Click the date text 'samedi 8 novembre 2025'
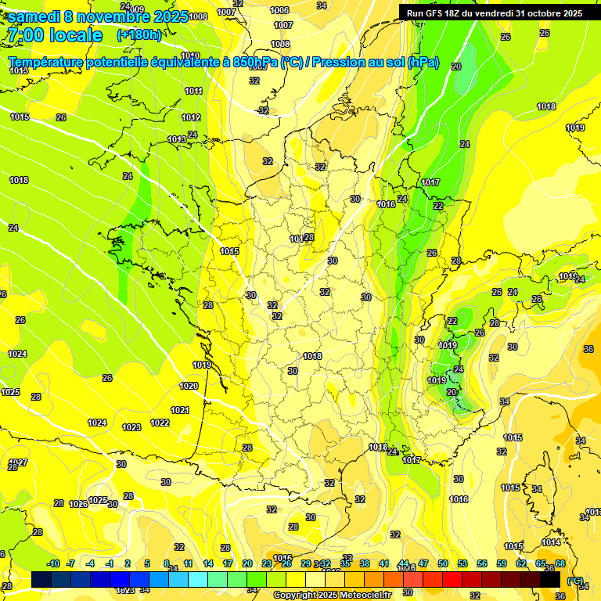coord(97,16)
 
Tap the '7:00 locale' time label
coord(54,35)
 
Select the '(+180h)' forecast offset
coord(139,35)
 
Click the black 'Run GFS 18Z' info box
coord(494,13)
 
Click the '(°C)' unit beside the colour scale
coord(575,581)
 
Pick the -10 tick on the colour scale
coord(53,563)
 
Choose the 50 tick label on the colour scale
coord(443,563)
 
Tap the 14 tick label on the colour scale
coord(208,563)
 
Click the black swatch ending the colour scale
coord(550,580)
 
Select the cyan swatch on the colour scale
coord(198,580)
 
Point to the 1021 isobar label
coord(180,410)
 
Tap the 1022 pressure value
coord(160,423)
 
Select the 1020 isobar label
coord(189,386)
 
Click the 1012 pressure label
coord(191,117)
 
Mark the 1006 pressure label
coord(279,10)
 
